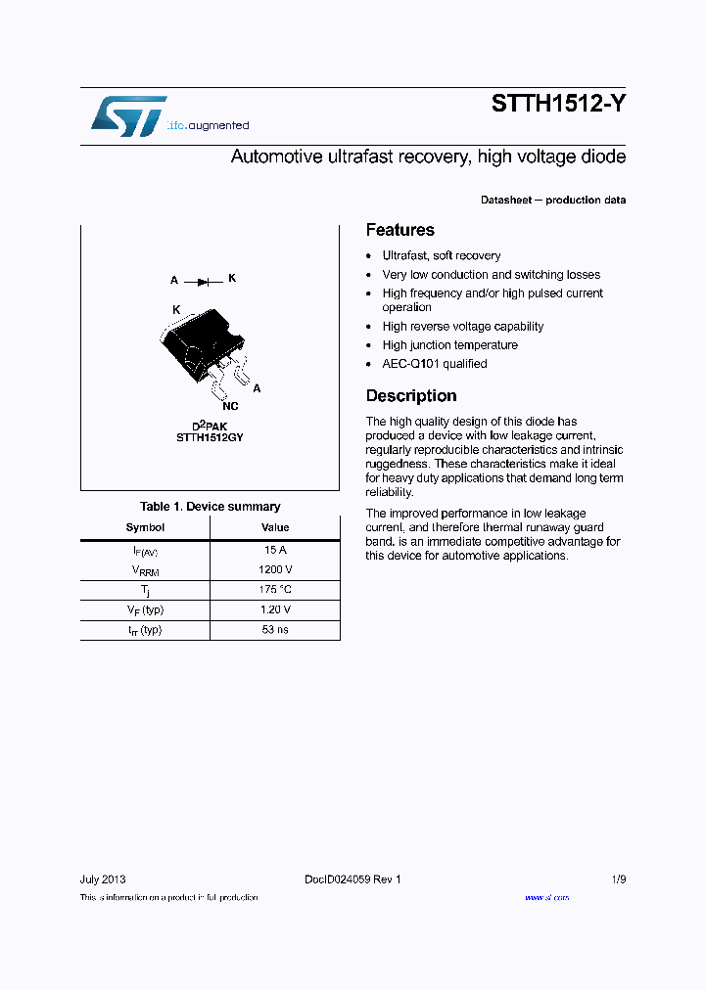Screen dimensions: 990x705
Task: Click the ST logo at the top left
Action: coord(128,116)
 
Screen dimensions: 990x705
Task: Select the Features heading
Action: coord(399,230)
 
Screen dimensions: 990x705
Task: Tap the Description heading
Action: coord(411,396)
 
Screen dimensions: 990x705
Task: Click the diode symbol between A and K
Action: coord(203,282)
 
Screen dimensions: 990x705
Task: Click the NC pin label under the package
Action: coord(230,405)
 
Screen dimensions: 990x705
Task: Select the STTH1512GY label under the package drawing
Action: coord(210,437)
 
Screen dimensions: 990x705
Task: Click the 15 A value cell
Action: coord(275,550)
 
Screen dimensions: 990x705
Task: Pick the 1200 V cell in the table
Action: coord(275,569)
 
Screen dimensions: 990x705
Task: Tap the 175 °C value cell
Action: coord(275,590)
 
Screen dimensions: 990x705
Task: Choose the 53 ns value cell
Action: coord(275,630)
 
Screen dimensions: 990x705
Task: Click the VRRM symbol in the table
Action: coord(145,570)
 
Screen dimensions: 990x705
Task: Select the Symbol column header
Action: coord(145,527)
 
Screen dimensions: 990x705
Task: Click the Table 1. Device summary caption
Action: coord(210,507)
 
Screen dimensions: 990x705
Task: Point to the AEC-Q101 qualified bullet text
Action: coord(434,364)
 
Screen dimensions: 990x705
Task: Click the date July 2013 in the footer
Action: coord(102,879)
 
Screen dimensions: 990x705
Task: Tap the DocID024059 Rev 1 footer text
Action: coord(352,879)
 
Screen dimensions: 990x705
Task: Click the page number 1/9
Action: coord(618,879)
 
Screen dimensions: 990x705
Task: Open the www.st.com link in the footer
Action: coord(546,897)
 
